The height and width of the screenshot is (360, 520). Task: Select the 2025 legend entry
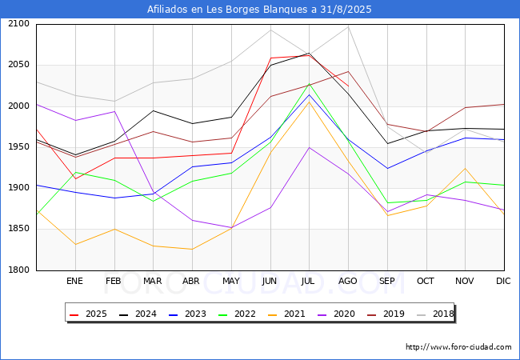click(88, 314)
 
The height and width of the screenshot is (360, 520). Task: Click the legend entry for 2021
click(286, 314)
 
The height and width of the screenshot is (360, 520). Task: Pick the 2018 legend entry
click(435, 314)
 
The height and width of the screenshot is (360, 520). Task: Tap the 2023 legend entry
click(187, 314)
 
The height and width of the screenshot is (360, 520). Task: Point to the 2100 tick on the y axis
click(18, 23)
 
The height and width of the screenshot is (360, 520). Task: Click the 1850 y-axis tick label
click(18, 228)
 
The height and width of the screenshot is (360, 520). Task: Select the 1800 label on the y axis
click(18, 270)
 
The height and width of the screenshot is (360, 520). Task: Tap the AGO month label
click(347, 281)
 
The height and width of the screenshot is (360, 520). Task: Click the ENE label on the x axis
click(74, 281)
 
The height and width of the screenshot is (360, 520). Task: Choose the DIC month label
click(503, 281)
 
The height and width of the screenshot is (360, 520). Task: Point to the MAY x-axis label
click(231, 281)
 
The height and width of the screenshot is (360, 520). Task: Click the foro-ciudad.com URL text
click(458, 347)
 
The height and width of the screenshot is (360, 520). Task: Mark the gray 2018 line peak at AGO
click(348, 26)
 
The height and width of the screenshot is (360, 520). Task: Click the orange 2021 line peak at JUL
click(309, 102)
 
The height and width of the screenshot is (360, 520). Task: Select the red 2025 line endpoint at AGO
click(348, 86)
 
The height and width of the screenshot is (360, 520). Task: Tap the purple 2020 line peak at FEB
click(114, 111)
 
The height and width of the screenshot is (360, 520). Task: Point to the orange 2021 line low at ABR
click(192, 250)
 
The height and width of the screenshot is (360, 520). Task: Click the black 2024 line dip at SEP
click(387, 143)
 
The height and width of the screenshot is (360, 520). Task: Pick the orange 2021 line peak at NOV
click(466, 168)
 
